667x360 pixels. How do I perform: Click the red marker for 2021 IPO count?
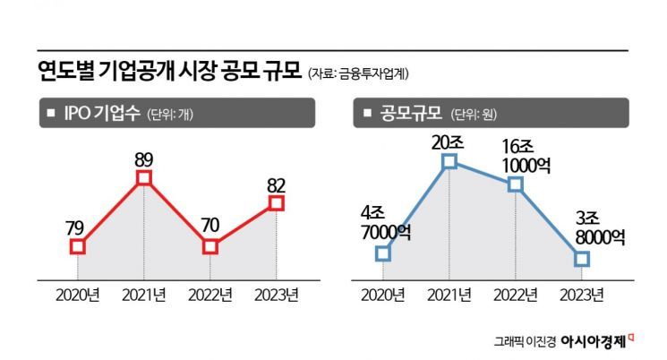[x=144, y=179]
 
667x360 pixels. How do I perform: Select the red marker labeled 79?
[x=78, y=245]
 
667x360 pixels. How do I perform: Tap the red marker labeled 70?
[x=210, y=245]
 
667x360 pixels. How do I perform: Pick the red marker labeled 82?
[x=276, y=204]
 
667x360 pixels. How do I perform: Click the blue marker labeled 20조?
[x=450, y=161]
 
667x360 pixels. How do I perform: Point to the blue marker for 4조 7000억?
[x=383, y=253]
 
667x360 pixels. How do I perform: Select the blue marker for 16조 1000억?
[x=515, y=184]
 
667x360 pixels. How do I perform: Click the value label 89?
[x=144, y=159]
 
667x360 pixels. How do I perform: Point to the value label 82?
[x=276, y=184]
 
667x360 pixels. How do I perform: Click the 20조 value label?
[x=450, y=141]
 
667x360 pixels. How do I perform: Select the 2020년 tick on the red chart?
[x=78, y=295]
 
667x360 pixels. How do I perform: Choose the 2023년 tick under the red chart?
[x=277, y=295]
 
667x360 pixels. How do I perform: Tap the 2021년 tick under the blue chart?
[x=450, y=295]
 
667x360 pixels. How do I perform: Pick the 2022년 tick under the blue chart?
[x=516, y=295]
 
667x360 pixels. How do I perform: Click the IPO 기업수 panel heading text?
[x=104, y=114]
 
